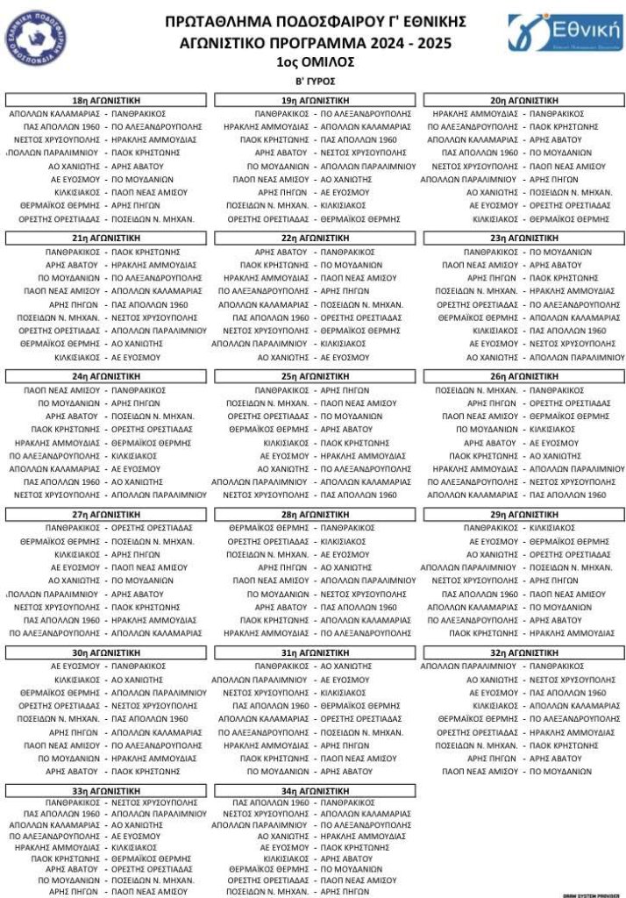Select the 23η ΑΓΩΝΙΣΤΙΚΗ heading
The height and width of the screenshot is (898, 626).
coord(523,238)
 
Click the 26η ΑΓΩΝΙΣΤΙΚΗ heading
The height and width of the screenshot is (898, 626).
coord(523,375)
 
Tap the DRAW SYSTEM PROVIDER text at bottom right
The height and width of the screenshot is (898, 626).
coord(590,894)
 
